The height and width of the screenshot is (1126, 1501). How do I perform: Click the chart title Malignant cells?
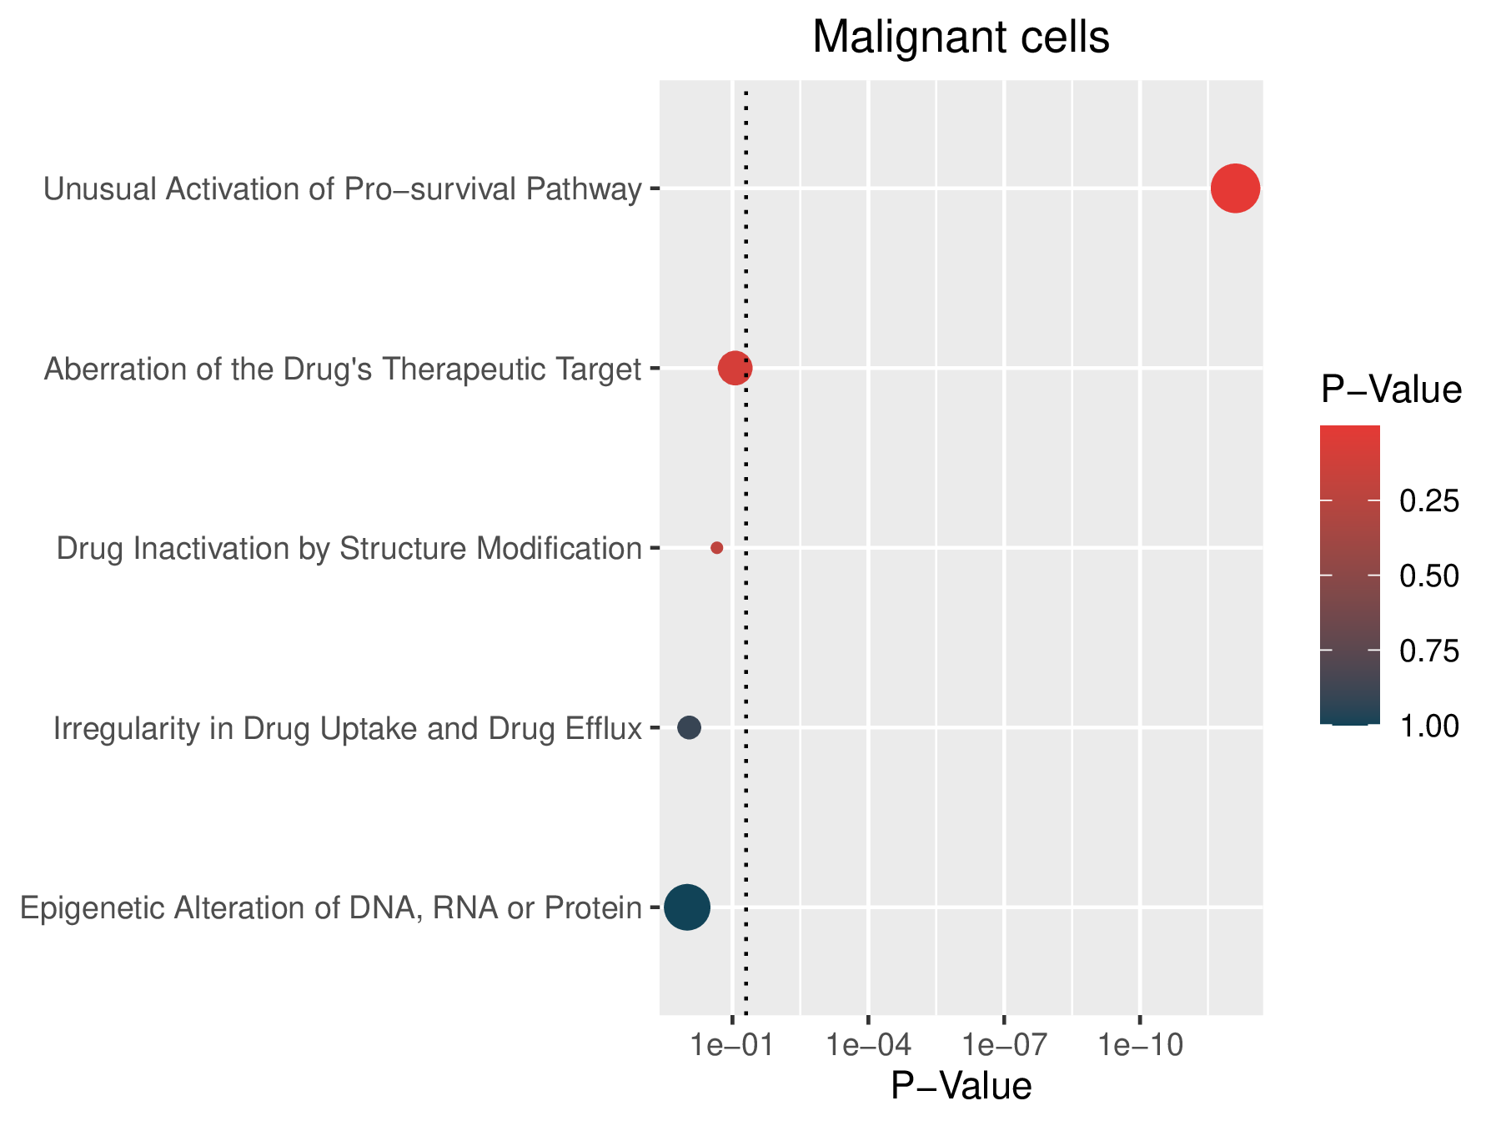(961, 38)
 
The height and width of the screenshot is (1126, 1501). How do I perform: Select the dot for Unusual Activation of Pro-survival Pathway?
(1235, 189)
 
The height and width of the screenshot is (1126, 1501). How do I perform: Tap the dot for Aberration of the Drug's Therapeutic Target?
(735, 368)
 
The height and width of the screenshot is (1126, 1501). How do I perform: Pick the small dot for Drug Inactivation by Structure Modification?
(716, 548)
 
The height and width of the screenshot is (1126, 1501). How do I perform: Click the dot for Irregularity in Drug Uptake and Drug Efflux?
(689, 727)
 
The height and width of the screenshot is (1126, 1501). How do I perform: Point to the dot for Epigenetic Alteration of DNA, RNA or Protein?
(687, 907)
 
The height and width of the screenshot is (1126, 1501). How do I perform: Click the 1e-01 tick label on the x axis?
(732, 1046)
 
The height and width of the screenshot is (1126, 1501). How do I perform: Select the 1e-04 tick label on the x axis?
(868, 1046)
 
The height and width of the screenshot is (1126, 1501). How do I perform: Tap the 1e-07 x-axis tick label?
(1004, 1046)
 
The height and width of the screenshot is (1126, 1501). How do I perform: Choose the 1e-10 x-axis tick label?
(1140, 1046)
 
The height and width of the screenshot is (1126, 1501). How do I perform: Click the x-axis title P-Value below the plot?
(961, 1087)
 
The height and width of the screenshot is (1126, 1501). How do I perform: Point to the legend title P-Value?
(1391, 390)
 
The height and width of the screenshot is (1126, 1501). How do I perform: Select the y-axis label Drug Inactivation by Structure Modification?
(349, 549)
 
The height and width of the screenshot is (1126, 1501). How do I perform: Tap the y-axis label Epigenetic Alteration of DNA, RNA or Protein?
(331, 907)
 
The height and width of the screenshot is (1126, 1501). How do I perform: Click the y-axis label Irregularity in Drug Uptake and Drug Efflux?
(348, 729)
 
